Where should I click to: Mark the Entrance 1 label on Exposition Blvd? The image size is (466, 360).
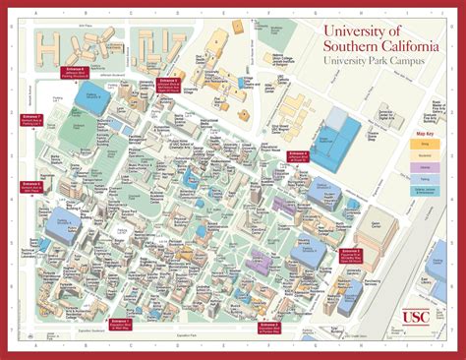point(120,321)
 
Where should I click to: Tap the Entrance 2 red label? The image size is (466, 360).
point(269,326)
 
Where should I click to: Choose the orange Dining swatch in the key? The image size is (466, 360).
point(427,143)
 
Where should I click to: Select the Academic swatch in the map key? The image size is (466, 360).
point(427,153)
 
